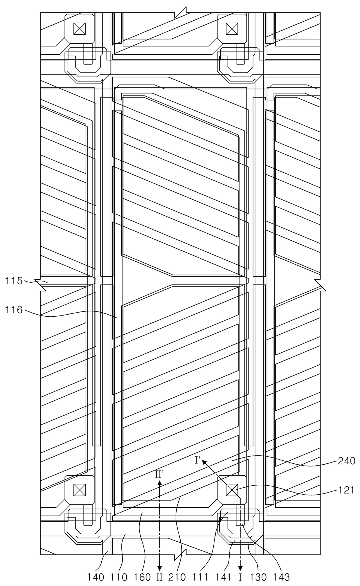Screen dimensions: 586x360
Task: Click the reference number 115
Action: coord(14,281)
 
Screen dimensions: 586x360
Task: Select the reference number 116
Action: coord(14,310)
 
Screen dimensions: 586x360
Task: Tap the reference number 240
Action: coord(346,461)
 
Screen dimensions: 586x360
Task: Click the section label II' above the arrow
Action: coord(159,474)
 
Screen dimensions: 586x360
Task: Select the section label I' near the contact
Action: coord(198,460)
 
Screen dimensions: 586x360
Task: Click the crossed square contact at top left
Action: coord(79,29)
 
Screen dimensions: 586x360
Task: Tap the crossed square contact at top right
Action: coord(232,29)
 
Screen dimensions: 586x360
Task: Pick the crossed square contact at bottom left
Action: coord(79,490)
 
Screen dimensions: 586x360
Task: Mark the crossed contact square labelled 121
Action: coord(232,490)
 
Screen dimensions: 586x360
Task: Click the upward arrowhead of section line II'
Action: coord(159,482)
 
